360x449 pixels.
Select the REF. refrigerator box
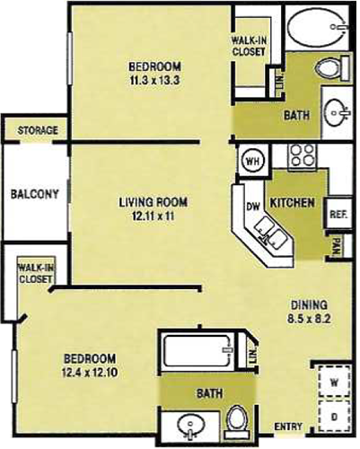pyautogui.click(x=338, y=214)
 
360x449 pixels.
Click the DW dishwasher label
pyautogui.click(x=254, y=207)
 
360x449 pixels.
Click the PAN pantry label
pyautogui.click(x=337, y=246)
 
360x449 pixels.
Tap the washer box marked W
pyautogui.click(x=334, y=382)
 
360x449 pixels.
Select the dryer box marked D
pyautogui.click(x=334, y=416)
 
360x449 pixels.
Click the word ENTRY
pyautogui.click(x=288, y=427)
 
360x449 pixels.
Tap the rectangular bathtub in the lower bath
pyautogui.click(x=197, y=350)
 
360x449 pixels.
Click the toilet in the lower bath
pyautogui.click(x=238, y=420)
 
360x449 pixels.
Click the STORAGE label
pyautogui.click(x=38, y=130)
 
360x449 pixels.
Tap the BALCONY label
pyautogui.click(x=34, y=194)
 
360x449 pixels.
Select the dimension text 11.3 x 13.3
pyautogui.click(x=154, y=80)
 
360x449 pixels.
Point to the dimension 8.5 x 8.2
pyautogui.click(x=309, y=319)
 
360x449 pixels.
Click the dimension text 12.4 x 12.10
pyautogui.click(x=90, y=373)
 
